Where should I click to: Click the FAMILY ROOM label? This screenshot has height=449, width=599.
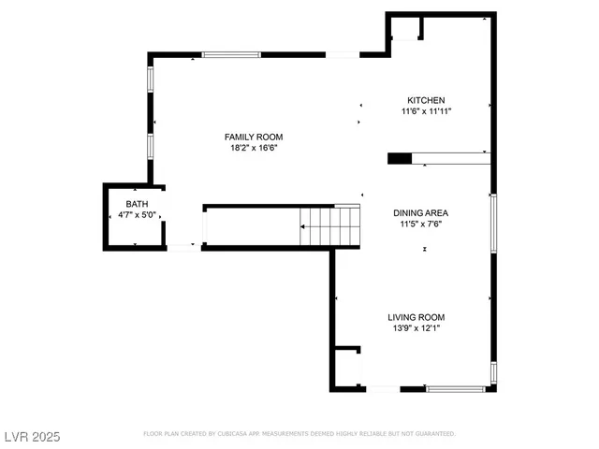[x=253, y=137]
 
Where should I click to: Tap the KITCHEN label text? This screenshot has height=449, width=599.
[x=425, y=100]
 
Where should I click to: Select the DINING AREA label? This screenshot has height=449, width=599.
[x=425, y=212]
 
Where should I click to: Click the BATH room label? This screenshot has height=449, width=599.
[x=136, y=204]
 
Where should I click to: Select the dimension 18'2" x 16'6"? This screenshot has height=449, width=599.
[x=253, y=148]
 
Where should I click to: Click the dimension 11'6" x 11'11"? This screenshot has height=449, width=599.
[x=425, y=111]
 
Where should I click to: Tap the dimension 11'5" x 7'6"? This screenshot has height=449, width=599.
[x=425, y=224]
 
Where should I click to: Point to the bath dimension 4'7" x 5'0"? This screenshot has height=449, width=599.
[x=136, y=215]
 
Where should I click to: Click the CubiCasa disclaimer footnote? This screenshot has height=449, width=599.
[x=299, y=434]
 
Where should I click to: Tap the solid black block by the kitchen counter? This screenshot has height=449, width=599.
[x=399, y=158]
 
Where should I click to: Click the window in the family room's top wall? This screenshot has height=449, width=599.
[x=231, y=54]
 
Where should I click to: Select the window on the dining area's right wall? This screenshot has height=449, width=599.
[x=493, y=223]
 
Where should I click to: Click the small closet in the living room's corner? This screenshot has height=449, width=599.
[x=347, y=368]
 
